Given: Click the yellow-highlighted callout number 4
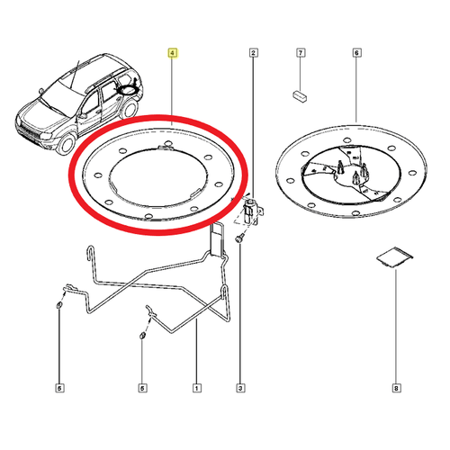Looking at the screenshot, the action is click(172, 53).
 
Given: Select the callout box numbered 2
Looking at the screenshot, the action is click(254, 53).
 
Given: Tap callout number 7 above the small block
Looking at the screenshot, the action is click(301, 53).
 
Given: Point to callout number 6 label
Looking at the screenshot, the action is click(356, 53).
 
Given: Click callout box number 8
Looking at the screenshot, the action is click(396, 388).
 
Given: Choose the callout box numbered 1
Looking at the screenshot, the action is click(197, 388).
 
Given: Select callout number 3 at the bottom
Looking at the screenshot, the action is click(240, 388).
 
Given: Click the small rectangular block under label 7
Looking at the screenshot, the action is click(300, 96).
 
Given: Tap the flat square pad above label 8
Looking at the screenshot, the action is click(395, 257).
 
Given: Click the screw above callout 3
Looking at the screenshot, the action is click(239, 239).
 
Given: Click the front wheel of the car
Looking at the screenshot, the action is click(67, 144).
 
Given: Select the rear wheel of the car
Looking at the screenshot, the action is click(130, 109).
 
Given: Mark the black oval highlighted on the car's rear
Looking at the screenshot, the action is click(128, 90).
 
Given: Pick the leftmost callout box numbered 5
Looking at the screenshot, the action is click(59, 388).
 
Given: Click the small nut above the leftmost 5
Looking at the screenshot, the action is click(58, 306).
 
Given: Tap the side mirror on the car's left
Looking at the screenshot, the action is click(41, 91).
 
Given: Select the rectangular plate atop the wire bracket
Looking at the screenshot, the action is click(217, 239).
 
